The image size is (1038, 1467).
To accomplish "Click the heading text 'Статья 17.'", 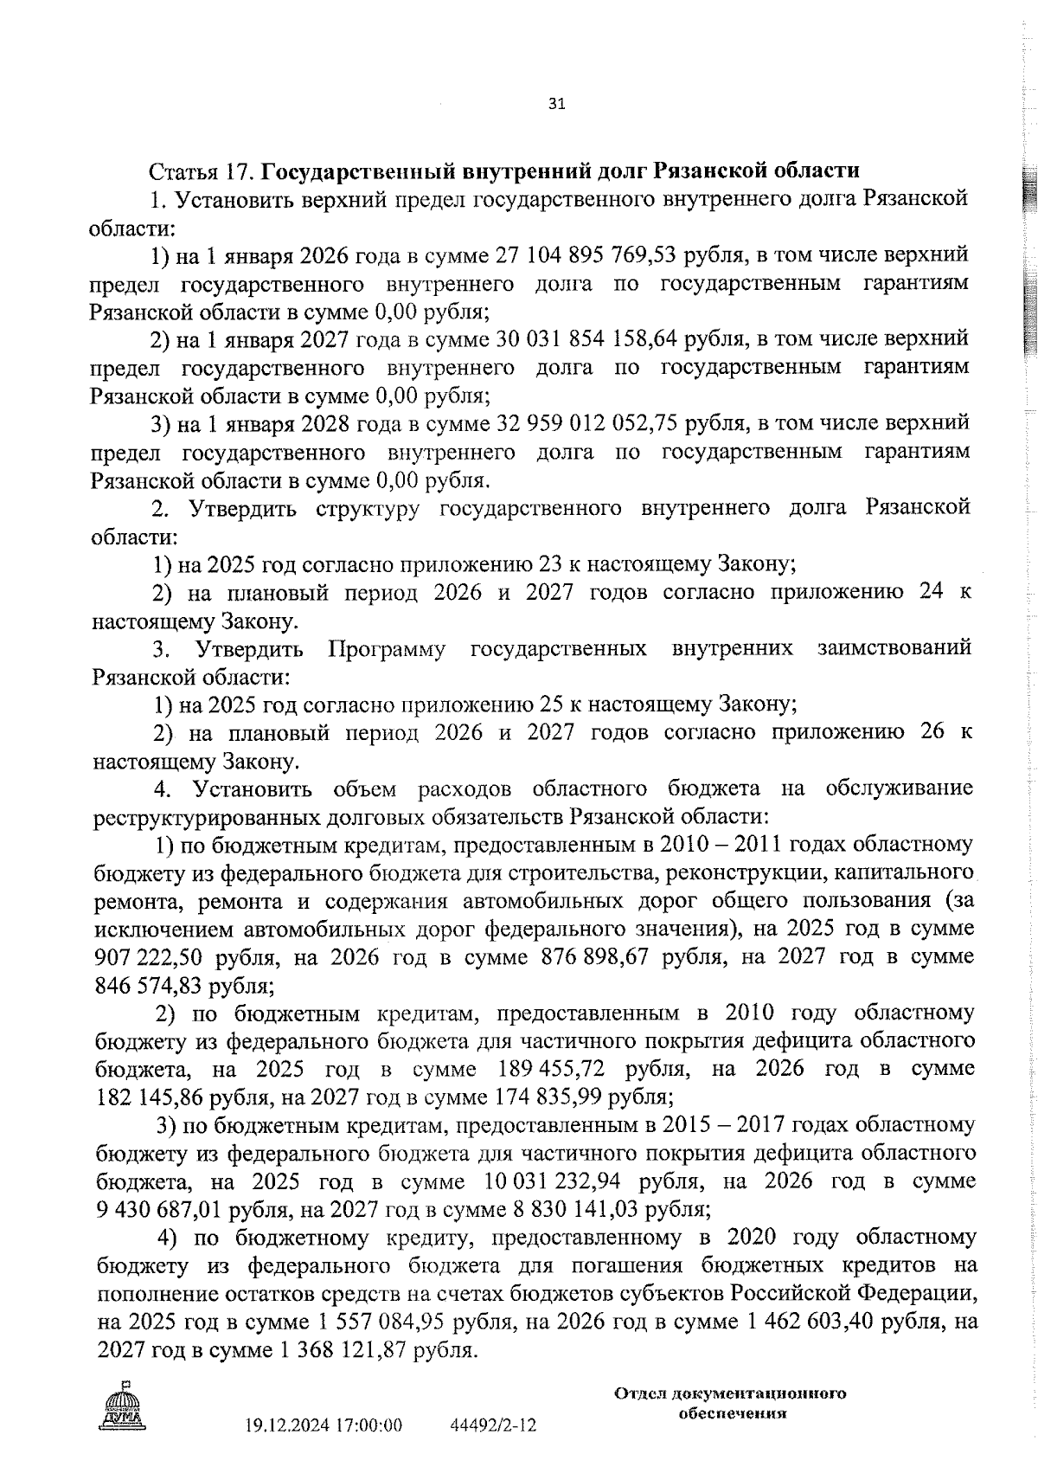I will click(200, 171).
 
